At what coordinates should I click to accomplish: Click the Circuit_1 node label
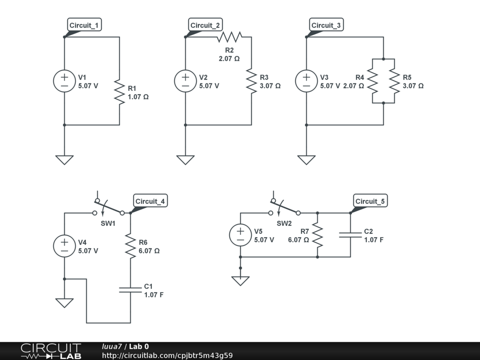(x=85, y=25)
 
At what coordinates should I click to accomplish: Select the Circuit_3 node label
(x=327, y=25)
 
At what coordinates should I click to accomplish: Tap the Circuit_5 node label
(x=370, y=202)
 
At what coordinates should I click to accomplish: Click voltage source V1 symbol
(x=64, y=81)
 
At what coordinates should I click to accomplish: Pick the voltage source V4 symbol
(x=64, y=246)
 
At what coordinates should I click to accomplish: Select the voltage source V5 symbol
(x=240, y=235)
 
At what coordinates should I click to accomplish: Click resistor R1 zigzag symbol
(x=120, y=91)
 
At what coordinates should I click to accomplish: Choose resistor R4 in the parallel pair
(x=372, y=81)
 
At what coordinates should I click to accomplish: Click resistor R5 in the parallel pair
(x=394, y=81)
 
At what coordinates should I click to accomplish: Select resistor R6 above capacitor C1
(x=130, y=246)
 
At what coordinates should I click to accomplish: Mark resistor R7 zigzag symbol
(x=317, y=235)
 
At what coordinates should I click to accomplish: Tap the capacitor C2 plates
(x=350, y=234)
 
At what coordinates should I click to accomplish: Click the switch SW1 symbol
(x=109, y=209)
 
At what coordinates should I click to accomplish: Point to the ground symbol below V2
(x=185, y=160)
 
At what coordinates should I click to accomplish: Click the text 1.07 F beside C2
(x=374, y=240)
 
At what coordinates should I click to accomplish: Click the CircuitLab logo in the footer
(x=51, y=351)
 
